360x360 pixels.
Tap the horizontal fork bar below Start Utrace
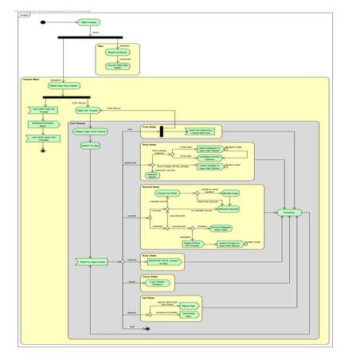coord(90,37)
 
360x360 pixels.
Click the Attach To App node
coord(90,146)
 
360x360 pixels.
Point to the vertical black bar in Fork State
coord(161,131)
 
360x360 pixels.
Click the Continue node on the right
coord(288,212)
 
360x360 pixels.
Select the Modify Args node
coord(230,193)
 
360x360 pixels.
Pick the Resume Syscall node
coord(229,209)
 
